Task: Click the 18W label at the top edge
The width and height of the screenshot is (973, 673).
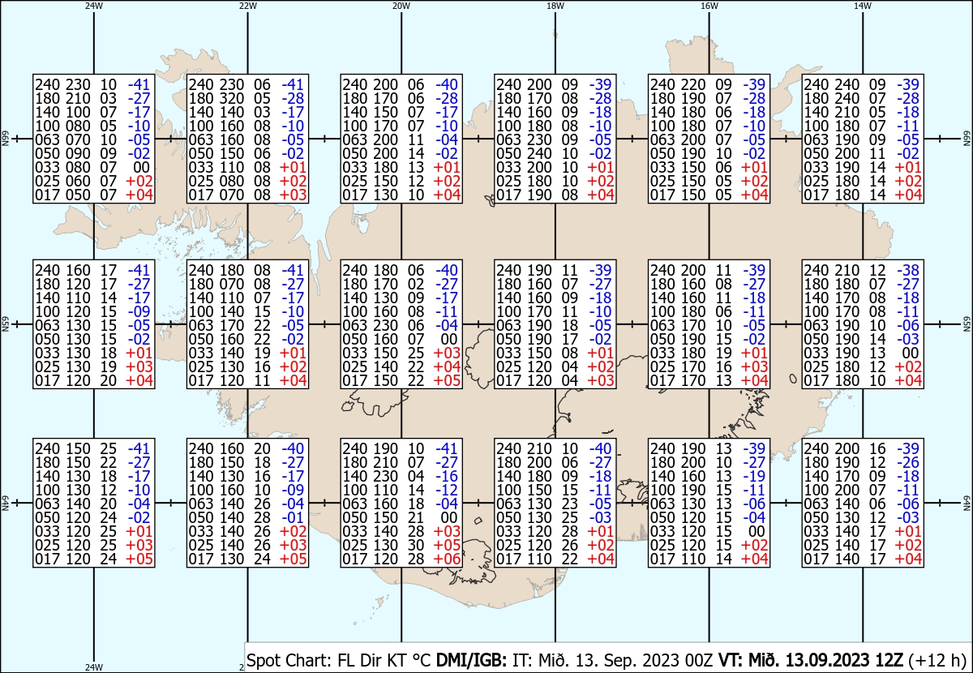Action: [555, 6]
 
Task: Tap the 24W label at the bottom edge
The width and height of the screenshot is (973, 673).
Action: [94, 667]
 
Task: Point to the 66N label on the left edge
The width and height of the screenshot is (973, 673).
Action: [5, 139]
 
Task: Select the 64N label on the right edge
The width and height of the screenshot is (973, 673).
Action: [967, 503]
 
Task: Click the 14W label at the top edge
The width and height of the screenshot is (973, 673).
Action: [863, 6]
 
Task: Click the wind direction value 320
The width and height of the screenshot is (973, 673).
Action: [232, 99]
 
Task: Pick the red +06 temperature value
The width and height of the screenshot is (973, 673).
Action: [447, 559]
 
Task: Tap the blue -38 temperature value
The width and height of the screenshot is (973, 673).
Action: [908, 271]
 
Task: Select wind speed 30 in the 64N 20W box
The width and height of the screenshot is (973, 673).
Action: [416, 545]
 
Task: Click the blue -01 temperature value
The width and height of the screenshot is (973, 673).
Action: [293, 517]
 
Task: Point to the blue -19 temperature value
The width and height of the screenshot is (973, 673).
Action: [754, 476]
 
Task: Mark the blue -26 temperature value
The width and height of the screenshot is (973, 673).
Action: [908, 462]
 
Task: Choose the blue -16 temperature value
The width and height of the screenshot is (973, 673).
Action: [447, 476]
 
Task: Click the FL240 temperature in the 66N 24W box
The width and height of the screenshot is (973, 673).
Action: [139, 84]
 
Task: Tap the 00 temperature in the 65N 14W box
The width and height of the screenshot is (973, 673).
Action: [911, 354]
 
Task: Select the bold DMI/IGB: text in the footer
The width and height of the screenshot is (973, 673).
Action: [471, 660]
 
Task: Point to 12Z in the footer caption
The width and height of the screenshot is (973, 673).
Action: [889, 660]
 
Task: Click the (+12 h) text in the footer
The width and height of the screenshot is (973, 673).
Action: [937, 660]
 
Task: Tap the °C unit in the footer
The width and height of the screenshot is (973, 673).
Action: [422, 660]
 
